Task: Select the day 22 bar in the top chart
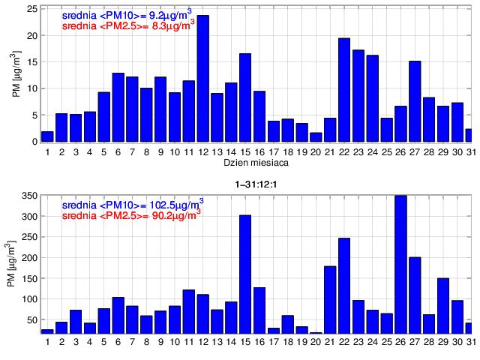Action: pos(344,90)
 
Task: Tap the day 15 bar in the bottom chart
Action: pos(245,274)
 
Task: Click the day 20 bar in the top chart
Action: pos(316,137)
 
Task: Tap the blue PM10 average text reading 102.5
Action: pos(131,204)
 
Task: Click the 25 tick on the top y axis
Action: pos(31,9)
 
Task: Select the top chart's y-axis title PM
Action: pos(16,75)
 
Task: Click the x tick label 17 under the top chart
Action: pos(273,152)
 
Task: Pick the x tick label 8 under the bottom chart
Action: pos(146,343)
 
